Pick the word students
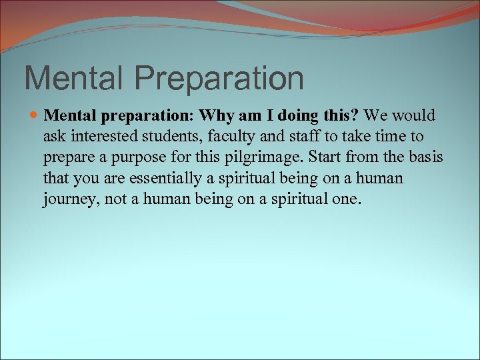(x=168, y=137)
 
